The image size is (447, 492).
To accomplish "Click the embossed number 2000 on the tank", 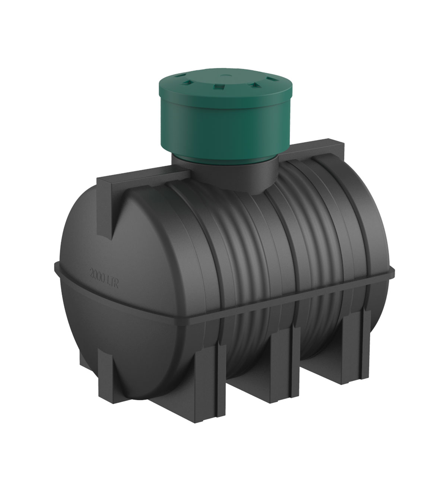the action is coord(98,275).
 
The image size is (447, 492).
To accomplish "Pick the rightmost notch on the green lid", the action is coord(273,79).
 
